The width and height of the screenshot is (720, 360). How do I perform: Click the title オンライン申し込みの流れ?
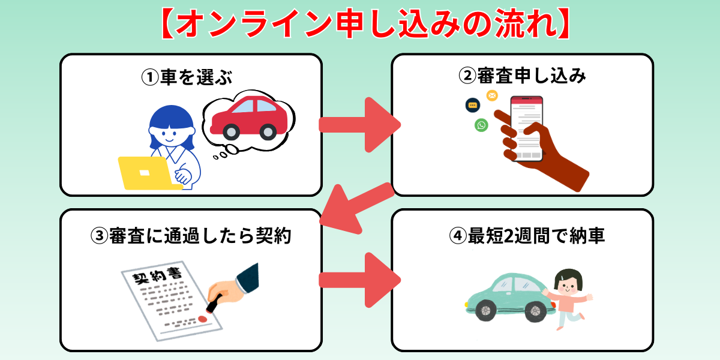[360, 24]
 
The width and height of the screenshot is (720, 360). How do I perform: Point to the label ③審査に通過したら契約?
[191, 236]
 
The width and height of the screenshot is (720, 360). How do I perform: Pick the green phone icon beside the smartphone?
[481, 125]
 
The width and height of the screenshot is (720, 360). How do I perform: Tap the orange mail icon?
[492, 95]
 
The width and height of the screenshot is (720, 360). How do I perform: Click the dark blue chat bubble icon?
[472, 105]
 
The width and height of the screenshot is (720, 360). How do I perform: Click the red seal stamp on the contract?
[204, 319]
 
